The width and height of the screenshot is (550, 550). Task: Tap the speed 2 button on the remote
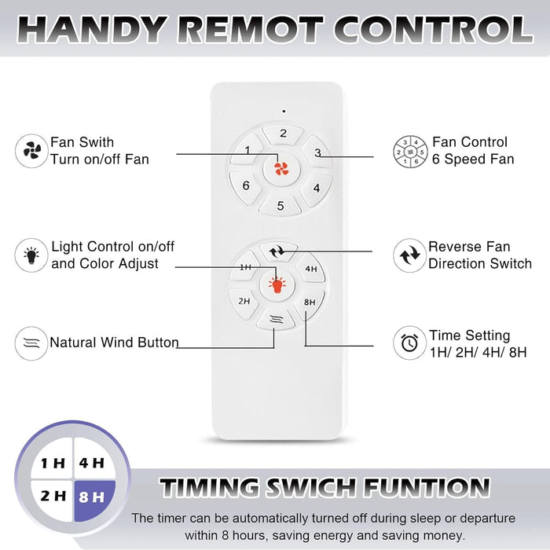283,134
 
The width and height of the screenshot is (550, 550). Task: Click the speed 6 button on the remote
246,186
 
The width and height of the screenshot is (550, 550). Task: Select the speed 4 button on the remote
316,189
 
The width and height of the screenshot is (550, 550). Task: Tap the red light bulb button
277,284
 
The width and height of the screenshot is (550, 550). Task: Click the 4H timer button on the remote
310,269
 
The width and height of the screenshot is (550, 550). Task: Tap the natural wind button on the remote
276,319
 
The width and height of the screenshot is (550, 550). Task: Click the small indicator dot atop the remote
284,112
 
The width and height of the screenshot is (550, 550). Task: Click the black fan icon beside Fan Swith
31,151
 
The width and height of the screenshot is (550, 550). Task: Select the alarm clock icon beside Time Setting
409,343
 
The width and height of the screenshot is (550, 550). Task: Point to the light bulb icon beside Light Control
31,255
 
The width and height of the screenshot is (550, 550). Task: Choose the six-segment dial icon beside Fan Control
410,152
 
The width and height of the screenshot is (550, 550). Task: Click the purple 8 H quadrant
94,500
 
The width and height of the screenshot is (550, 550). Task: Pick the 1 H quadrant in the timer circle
53,460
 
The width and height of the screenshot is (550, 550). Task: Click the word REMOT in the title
251,30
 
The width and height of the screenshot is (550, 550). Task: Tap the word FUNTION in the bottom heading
426,487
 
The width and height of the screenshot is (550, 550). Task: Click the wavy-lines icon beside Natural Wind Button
31,343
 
